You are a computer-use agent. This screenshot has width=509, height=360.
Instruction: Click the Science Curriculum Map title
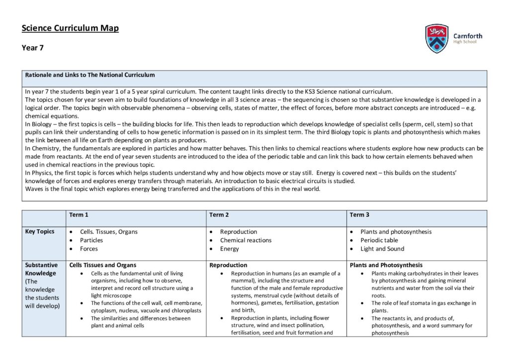point(70,28)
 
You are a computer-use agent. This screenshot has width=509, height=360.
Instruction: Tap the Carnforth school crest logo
point(437,38)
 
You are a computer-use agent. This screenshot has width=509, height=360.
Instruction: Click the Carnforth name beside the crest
point(467,36)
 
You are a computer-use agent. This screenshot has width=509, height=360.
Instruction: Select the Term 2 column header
point(219,215)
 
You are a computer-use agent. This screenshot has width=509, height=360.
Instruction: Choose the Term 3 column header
point(359,215)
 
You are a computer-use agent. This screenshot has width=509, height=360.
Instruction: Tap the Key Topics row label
point(40,232)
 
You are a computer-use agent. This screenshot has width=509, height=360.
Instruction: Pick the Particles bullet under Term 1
point(91,240)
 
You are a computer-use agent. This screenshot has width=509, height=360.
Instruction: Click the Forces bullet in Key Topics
point(89,249)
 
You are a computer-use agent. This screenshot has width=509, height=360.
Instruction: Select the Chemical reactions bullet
point(246,240)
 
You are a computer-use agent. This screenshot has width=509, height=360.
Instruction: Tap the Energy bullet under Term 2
point(229,249)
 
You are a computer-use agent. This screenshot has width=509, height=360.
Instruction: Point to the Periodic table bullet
point(379,240)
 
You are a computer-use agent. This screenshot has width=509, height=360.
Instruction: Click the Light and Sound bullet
point(382,249)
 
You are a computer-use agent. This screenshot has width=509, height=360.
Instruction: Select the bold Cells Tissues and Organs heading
point(102,265)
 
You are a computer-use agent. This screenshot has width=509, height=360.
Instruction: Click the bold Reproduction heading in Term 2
point(228,265)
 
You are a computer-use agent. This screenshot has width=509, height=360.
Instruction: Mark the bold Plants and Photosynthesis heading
point(386,265)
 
